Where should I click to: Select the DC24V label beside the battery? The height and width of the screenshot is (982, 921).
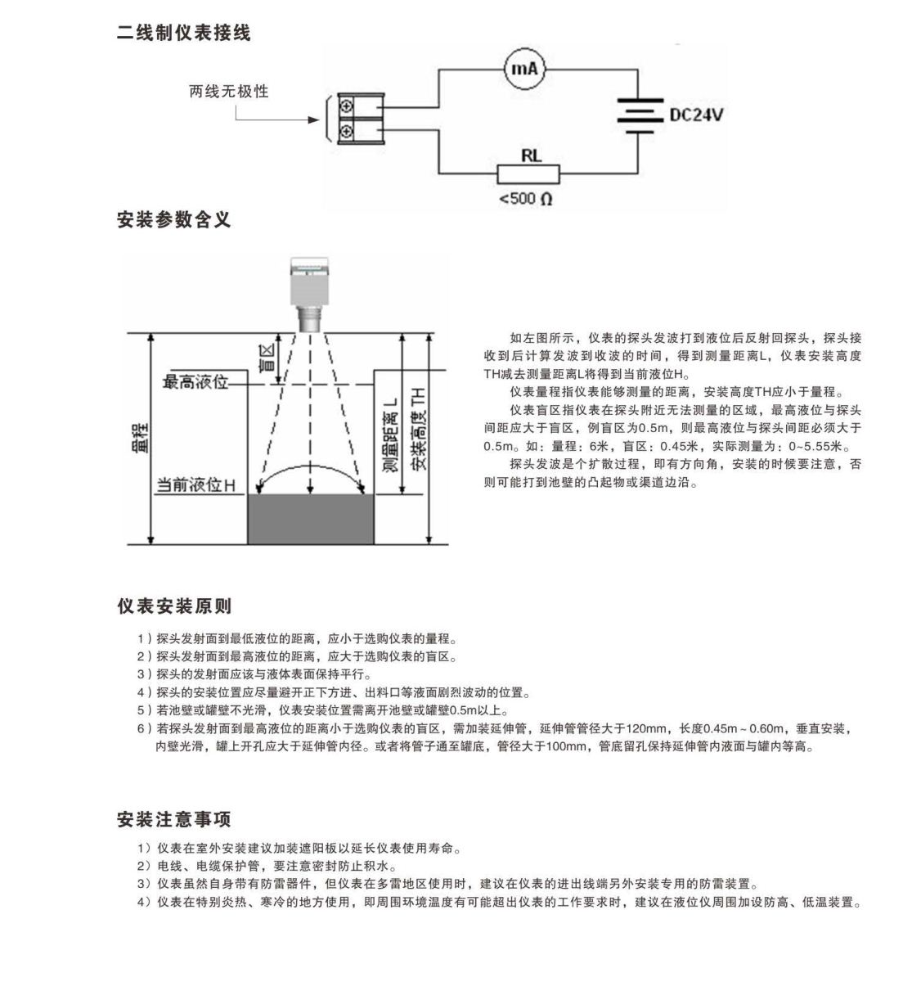696,115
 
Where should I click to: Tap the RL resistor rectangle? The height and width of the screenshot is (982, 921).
528,174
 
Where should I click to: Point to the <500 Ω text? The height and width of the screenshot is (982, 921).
526,199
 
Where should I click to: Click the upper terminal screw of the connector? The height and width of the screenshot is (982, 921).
347,106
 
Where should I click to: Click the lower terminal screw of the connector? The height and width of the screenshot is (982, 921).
347,131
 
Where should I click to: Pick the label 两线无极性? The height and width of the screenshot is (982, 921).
228,92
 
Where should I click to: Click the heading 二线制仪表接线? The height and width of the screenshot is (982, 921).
184,33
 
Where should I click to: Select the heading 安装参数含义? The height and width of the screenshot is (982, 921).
174,219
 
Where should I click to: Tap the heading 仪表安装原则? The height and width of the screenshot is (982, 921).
174,606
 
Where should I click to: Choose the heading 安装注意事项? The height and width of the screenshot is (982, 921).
174,819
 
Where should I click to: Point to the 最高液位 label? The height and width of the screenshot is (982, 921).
195,381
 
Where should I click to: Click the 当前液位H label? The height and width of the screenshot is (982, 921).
195,485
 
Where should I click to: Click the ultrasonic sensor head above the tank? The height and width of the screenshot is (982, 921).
310,295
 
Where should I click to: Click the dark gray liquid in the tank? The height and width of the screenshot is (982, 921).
311,519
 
